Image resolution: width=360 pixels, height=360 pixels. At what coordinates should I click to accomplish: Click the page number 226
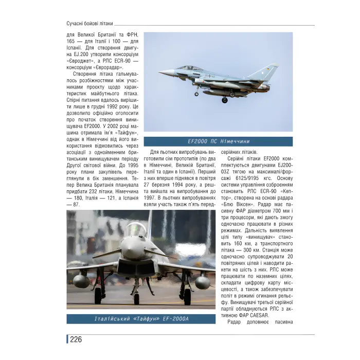76,339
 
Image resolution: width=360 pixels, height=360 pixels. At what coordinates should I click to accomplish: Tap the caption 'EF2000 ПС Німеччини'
218,141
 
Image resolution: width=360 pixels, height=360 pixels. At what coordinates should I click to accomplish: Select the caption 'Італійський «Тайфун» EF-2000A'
141,319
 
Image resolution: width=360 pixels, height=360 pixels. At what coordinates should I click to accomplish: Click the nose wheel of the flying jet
196,94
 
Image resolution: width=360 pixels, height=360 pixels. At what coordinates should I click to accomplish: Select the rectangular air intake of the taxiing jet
136,267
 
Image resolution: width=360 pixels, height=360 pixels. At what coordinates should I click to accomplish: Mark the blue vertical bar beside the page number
67,339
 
